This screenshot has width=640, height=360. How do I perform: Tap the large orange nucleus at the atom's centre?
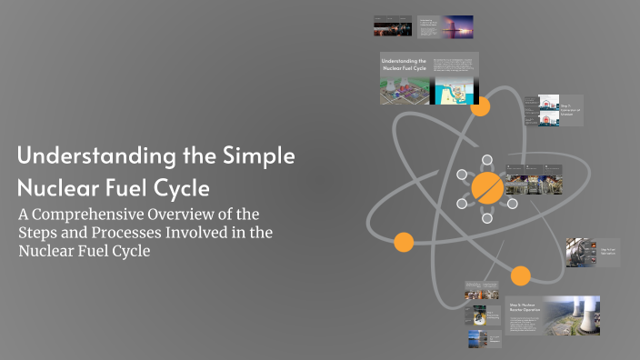[487, 188]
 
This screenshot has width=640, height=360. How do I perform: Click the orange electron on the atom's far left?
[404, 242]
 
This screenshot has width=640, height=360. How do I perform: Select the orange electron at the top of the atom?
[480, 106]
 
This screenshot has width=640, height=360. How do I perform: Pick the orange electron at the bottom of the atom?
[520, 275]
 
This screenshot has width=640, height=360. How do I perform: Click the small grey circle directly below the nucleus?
[487, 219]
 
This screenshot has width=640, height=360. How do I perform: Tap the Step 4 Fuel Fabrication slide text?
[607, 249]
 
